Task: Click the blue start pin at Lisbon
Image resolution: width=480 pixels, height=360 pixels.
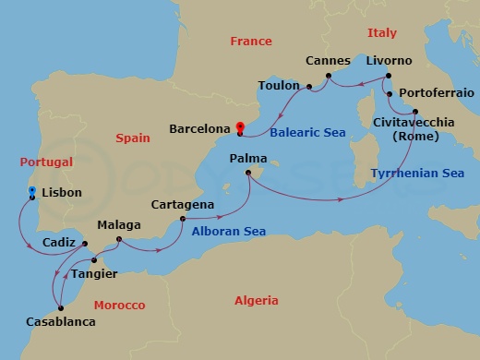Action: click(x=32, y=193)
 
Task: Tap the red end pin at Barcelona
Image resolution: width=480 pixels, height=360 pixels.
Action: click(x=240, y=128)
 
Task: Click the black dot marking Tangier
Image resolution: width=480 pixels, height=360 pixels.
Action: click(x=94, y=260)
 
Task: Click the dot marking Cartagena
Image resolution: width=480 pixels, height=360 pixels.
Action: click(x=183, y=219)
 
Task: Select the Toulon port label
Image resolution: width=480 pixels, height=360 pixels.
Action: click(x=279, y=86)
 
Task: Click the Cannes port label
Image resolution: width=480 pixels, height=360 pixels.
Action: click(x=328, y=60)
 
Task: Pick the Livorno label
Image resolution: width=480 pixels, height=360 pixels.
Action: click(x=389, y=60)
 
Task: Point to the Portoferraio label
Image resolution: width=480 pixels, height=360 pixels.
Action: click(x=436, y=93)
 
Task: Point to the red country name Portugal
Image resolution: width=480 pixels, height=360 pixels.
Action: click(x=45, y=162)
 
